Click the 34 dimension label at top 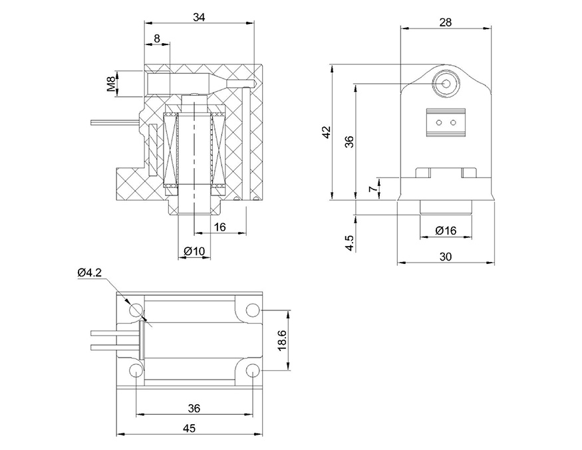199,17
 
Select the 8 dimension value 157,39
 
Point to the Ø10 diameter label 194,251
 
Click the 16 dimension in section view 220,227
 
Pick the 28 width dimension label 446,22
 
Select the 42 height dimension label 326,132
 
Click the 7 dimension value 373,189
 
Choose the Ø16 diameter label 446,231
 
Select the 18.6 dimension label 282,340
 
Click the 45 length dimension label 189,429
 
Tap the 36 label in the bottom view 194,407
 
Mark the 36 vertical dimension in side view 350,141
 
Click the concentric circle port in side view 445,84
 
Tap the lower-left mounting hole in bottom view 136,370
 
